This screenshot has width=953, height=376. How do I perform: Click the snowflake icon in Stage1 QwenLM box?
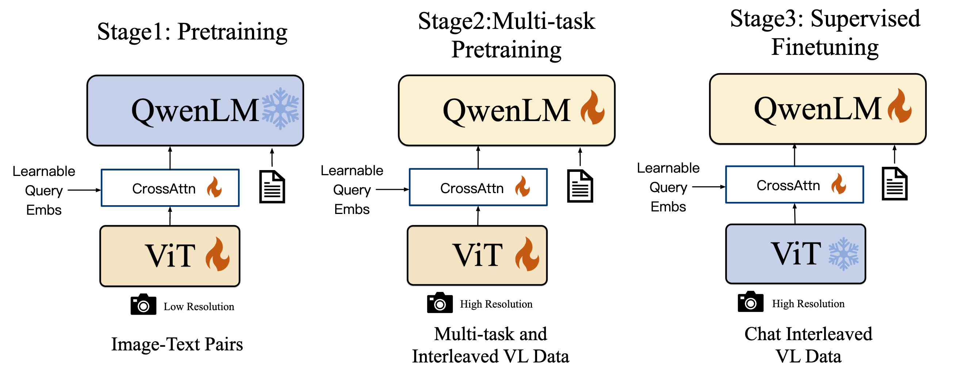(280, 109)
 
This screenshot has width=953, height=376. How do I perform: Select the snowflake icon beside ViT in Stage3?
(843, 254)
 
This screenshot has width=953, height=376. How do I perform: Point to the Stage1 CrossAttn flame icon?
(214, 187)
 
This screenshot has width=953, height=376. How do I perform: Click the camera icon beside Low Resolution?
(143, 305)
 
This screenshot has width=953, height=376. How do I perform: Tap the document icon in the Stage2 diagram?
(580, 186)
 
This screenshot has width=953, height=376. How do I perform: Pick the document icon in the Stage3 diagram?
(895, 184)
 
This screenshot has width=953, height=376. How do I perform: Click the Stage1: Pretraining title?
(192, 32)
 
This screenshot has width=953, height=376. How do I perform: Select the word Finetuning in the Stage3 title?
(824, 48)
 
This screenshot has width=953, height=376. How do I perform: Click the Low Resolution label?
(199, 307)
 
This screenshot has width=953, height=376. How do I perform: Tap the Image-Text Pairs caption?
(177, 344)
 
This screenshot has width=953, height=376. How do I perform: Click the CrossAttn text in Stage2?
(472, 188)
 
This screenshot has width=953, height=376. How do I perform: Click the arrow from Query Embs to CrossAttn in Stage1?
(84, 190)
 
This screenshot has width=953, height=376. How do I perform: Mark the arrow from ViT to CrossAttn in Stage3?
(795, 214)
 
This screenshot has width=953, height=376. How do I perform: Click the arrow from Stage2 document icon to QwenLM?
(580, 157)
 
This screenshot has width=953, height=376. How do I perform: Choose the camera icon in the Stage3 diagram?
(750, 302)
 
